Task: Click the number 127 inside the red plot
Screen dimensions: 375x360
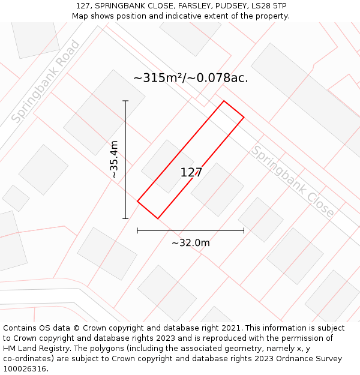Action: pyautogui.click(x=191, y=173)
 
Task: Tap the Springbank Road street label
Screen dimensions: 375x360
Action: pyautogui.click(x=46, y=82)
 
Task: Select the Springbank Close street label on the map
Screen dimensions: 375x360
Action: pyautogui.click(x=292, y=181)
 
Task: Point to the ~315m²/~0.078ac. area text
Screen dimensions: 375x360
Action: pyautogui.click(x=190, y=78)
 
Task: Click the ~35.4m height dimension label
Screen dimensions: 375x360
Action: pyautogui.click(x=114, y=159)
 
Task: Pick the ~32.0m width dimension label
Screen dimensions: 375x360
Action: pyautogui.click(x=191, y=243)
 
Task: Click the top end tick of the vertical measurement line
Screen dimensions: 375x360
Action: pyautogui.click(x=125, y=101)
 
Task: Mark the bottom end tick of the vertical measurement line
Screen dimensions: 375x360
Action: pyautogui.click(x=125, y=218)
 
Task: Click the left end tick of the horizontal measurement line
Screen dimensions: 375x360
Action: pyautogui.click(x=137, y=230)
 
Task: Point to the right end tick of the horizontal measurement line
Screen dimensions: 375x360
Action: pyautogui.click(x=244, y=230)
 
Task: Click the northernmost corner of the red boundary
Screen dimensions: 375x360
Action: pyautogui.click(x=224, y=101)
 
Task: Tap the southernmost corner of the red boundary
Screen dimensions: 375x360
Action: pyautogui.click(x=158, y=218)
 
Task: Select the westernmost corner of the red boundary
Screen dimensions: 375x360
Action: pyautogui.click(x=137, y=201)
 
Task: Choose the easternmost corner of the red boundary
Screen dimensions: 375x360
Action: pyautogui.click(x=244, y=117)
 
